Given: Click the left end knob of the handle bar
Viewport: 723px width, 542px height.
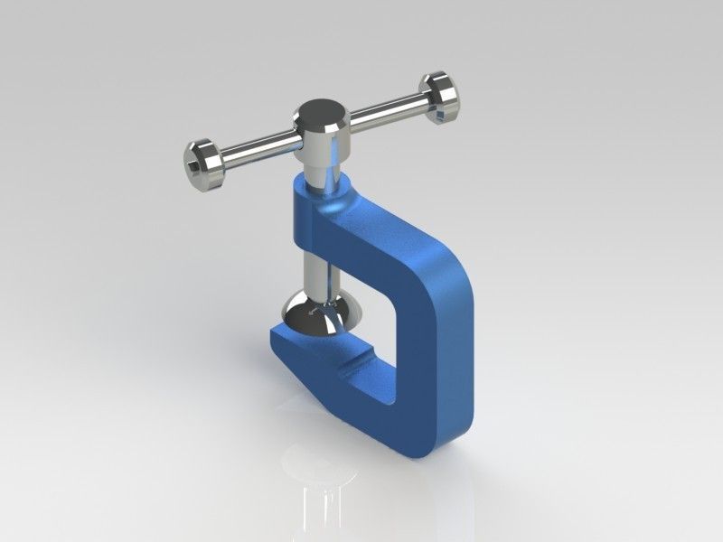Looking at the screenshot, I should pos(202,164).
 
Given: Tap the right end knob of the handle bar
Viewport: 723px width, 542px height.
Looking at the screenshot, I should pos(441,95).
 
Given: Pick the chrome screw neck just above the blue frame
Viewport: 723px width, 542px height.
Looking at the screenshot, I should pos(324,173).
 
